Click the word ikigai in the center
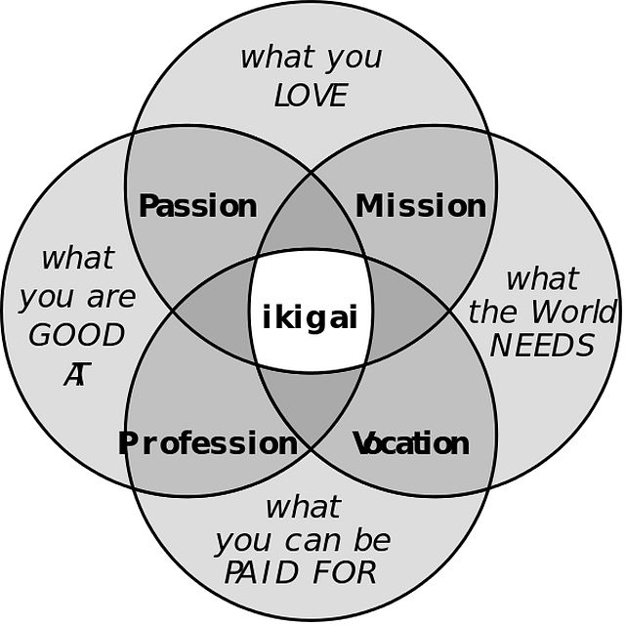click(311, 317)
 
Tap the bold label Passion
click(198, 206)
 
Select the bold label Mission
click(420, 206)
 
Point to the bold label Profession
click(207, 443)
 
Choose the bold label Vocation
click(410, 443)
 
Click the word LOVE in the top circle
click(311, 96)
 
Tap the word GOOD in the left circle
click(76, 335)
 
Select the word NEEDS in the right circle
click(542, 345)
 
